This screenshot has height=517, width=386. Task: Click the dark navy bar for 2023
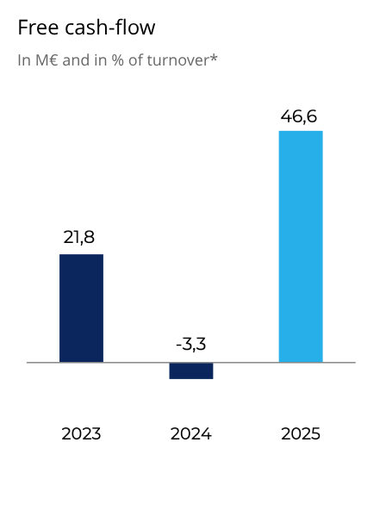81,308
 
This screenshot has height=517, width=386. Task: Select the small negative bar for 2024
190,371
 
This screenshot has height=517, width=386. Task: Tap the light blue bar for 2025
301,246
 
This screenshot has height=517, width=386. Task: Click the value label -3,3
190,345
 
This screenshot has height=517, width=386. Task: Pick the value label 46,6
300,115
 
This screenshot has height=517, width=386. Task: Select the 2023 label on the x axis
81,433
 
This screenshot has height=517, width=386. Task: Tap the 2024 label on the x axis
190,433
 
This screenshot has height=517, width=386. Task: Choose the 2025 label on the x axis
301,433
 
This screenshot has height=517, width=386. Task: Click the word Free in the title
37,28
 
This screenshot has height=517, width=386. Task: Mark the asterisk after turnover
215,59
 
